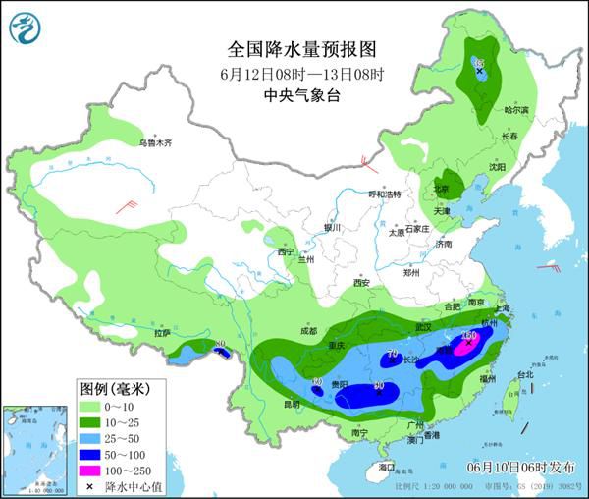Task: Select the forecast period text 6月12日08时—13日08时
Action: click(x=294, y=74)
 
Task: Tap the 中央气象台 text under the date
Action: click(x=294, y=95)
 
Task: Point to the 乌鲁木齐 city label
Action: click(x=154, y=143)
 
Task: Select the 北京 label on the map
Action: click(x=442, y=188)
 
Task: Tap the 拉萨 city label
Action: click(x=162, y=333)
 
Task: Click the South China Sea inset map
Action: click(x=36, y=451)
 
